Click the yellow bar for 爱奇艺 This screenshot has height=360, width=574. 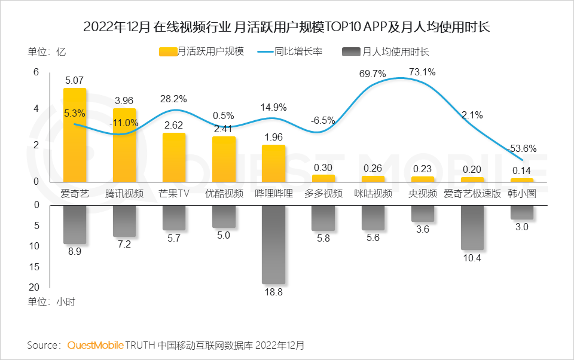pos(75,135)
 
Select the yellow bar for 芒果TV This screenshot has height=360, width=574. pos(174,157)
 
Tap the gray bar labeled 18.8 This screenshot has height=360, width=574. pos(274,244)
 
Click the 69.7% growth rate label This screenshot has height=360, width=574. pos(373,74)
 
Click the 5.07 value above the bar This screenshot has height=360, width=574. pos(75,80)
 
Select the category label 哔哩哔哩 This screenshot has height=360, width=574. pos(274,194)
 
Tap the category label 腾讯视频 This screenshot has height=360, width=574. pos(124,194)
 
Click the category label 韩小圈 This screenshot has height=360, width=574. pos(522,194)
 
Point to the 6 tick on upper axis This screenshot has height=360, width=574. pos(36,72)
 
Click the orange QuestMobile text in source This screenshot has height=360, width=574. pos(95,345)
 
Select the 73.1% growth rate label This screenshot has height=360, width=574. pos(422,72)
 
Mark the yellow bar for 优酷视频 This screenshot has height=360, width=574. pos(224,159)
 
